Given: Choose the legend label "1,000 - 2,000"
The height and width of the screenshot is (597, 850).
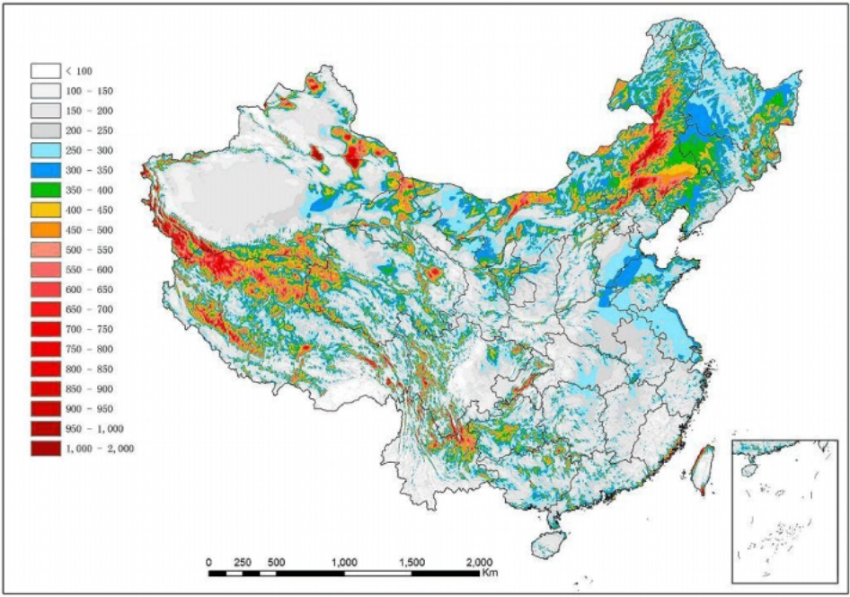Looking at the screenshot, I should point(100,448).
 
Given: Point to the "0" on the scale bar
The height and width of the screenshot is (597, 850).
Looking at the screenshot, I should point(208,562).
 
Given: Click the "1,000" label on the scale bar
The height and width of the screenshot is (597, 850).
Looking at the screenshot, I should point(345,562).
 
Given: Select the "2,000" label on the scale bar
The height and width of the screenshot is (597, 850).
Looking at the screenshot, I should point(479,562).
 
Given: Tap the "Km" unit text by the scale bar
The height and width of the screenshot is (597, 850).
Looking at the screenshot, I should point(490,573).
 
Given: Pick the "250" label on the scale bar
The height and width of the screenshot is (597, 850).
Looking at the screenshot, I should point(242,562).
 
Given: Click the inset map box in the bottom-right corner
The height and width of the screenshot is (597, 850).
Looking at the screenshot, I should point(784,511).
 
